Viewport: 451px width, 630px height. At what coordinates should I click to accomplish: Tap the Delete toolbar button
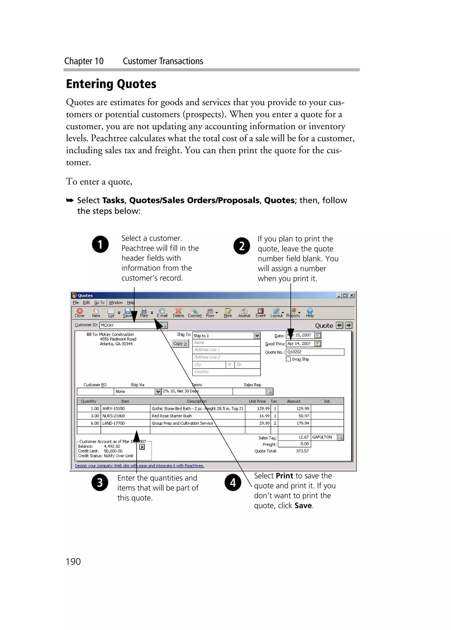(x=178, y=312)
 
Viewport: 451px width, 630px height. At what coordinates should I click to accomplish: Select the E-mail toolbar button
(x=162, y=312)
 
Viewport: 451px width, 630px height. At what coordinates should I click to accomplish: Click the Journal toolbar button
(x=244, y=312)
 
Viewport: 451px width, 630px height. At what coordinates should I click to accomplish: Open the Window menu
(x=115, y=303)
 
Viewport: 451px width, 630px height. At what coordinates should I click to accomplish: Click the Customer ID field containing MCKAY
(x=128, y=325)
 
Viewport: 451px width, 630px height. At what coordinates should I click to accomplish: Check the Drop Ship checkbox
(x=288, y=359)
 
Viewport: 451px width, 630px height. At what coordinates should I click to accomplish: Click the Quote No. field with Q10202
(x=315, y=352)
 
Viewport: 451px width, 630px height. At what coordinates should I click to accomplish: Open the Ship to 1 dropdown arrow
(x=257, y=336)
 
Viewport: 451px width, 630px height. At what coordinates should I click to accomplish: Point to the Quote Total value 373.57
(x=302, y=451)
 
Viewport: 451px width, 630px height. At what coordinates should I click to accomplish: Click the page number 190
(x=73, y=561)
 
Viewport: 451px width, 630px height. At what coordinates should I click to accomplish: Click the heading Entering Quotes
(x=111, y=84)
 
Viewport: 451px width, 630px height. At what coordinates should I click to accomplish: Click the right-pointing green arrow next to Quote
(x=349, y=325)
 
